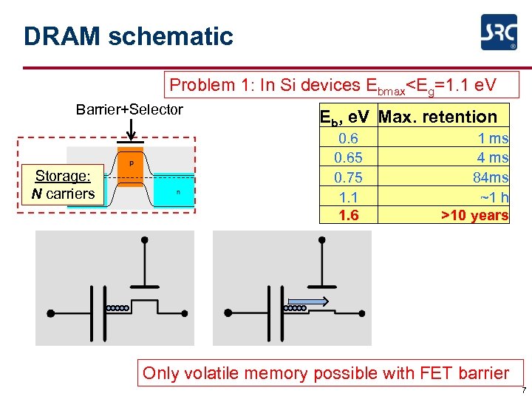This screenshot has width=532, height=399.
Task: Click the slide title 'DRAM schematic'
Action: pyautogui.click(x=128, y=36)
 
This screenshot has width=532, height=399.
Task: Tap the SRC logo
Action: pyautogui.click(x=499, y=33)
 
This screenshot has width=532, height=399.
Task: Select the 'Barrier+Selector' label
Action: pyautogui.click(x=129, y=109)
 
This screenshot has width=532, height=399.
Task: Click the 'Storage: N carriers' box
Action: pyautogui.click(x=63, y=185)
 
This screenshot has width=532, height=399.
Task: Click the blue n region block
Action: pyautogui.click(x=177, y=192)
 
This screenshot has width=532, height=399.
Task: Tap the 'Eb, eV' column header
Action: pyautogui.click(x=347, y=117)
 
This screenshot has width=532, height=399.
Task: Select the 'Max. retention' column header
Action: pyautogui.click(x=438, y=117)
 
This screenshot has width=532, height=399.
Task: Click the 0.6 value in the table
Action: pyautogui.click(x=348, y=138)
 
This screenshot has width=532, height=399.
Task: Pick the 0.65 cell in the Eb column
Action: pyautogui.click(x=348, y=157)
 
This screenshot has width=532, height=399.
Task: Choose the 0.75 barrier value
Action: pyautogui.click(x=348, y=177)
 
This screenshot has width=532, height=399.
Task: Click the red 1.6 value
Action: pyautogui.click(x=348, y=215)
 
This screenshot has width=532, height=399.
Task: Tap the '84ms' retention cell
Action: pyautogui.click(x=491, y=177)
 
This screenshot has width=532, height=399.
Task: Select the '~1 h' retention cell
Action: pyautogui.click(x=494, y=196)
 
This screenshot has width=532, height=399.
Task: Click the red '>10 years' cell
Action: pyautogui.click(x=474, y=215)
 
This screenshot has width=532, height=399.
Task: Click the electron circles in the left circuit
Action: pyautogui.click(x=118, y=307)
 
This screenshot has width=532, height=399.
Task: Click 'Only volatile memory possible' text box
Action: pyautogui.click(x=326, y=373)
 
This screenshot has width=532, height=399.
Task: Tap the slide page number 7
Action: pyautogui.click(x=524, y=390)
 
